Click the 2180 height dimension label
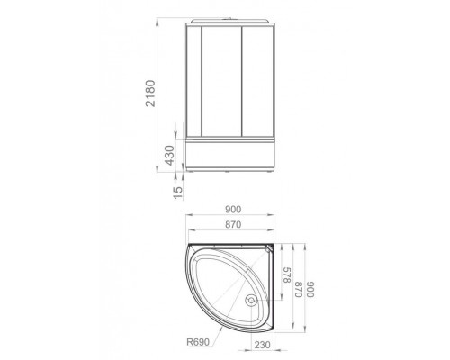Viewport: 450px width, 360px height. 150,94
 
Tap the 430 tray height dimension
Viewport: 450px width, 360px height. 169,156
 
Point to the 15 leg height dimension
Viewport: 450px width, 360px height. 178,193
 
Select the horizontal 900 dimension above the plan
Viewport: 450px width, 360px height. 233,210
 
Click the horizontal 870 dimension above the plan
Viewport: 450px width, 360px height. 233,224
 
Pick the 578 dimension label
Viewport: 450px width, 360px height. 287,275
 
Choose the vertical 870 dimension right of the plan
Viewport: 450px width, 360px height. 298,289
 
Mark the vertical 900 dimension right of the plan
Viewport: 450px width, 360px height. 310,289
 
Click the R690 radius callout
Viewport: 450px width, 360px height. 198,342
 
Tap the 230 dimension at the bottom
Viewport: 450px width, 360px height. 262,345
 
